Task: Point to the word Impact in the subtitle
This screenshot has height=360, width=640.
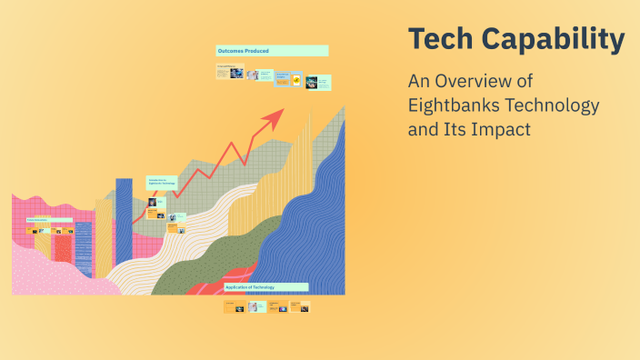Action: [498, 129]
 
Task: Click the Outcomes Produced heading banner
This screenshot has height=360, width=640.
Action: [272, 51]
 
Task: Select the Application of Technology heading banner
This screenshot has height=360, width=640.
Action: [265, 286]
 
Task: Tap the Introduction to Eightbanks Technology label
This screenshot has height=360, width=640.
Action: [161, 182]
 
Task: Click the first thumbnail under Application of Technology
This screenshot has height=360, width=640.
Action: [234, 306]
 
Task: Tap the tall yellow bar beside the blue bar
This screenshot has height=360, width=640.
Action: [103, 238]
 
